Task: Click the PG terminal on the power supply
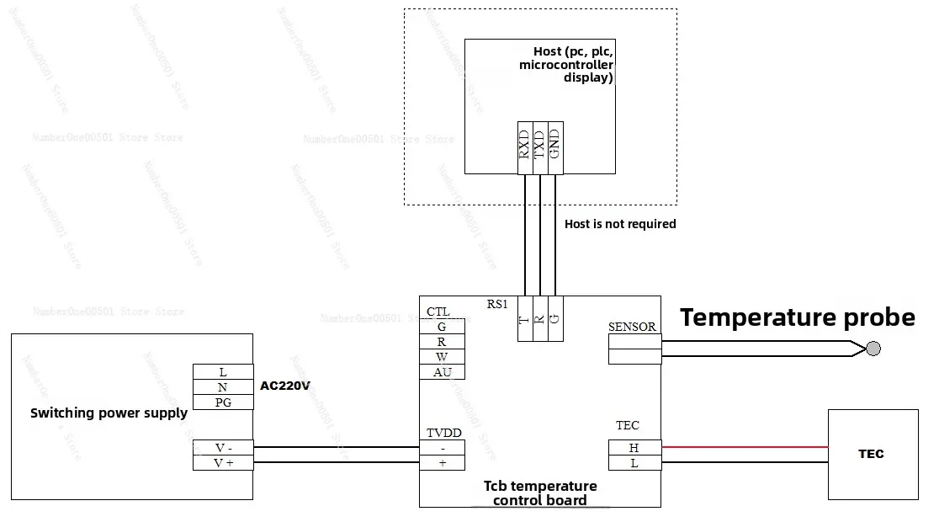223,402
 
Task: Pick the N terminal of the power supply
223,387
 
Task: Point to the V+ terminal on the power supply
223,463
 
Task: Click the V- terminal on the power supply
223,448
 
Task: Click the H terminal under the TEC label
634,448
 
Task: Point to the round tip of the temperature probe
874,349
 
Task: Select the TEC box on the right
873,454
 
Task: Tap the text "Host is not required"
620,224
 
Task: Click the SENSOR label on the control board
632,327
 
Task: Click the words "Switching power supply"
109,413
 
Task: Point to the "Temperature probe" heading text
797,317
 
